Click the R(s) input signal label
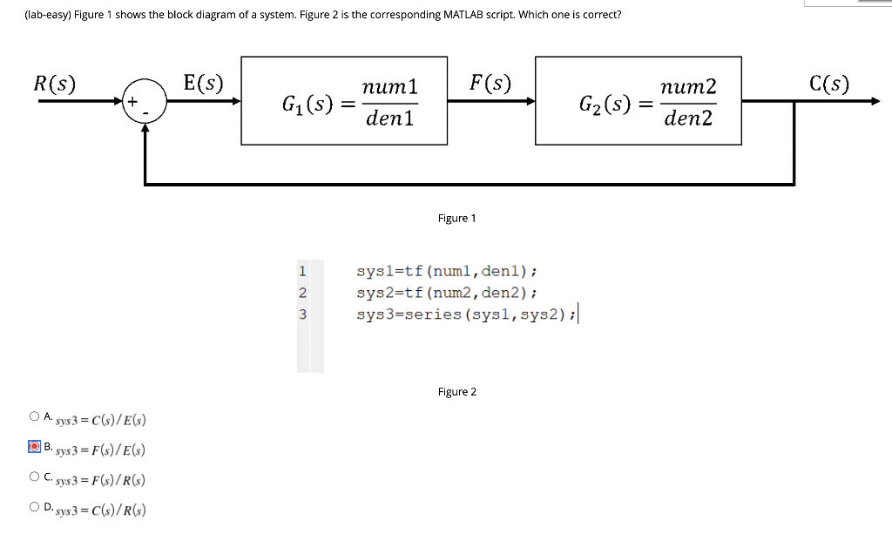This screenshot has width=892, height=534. [x=54, y=84]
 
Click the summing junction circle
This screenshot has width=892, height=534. [x=145, y=103]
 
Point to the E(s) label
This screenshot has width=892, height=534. [x=203, y=84]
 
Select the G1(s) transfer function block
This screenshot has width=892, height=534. [x=344, y=101]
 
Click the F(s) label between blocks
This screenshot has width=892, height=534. [x=490, y=84]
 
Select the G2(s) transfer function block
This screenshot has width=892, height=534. [x=638, y=101]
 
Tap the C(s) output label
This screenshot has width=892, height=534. [x=828, y=84]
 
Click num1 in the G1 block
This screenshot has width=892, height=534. [x=389, y=87]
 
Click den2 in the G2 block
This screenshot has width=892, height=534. [x=687, y=118]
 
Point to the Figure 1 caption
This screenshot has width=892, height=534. [x=456, y=218]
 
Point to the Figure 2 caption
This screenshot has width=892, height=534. [x=456, y=392]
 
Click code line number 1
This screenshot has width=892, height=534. [x=302, y=273]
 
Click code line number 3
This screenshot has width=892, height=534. [x=302, y=314]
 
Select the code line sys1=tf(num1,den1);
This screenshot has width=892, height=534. [x=447, y=273]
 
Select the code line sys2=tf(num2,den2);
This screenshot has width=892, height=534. [x=447, y=293]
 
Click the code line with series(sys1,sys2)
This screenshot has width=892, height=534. [x=466, y=314]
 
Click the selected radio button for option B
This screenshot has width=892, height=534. [x=34, y=448]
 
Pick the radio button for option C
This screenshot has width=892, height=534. [x=34, y=477]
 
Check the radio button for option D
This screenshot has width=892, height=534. [x=34, y=507]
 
